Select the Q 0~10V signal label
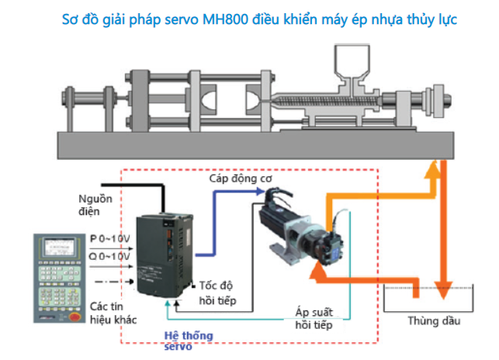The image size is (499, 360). (109, 256)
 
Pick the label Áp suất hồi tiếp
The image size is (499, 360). (314, 318)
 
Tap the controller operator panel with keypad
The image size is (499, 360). (59, 275)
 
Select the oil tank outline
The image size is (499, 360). (431, 299)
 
